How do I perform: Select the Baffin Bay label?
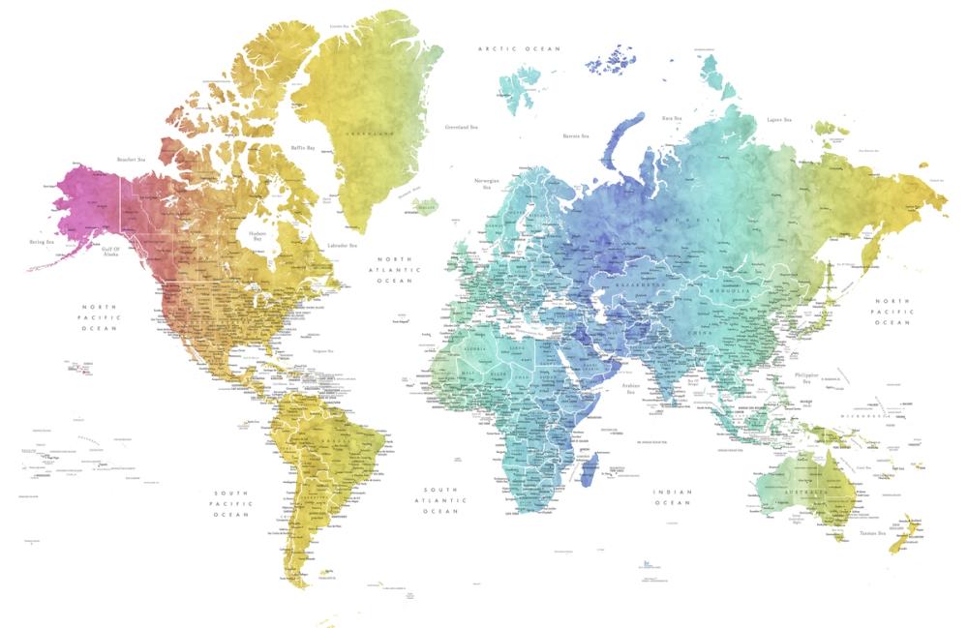(304, 148)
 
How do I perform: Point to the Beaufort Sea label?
(131, 160)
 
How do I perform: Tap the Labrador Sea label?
(343, 246)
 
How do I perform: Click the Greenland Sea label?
(461, 127)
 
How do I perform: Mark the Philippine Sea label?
(805, 377)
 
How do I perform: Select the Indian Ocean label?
(672, 497)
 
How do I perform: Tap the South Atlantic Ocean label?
(444, 499)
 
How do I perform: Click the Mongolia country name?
(732, 289)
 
